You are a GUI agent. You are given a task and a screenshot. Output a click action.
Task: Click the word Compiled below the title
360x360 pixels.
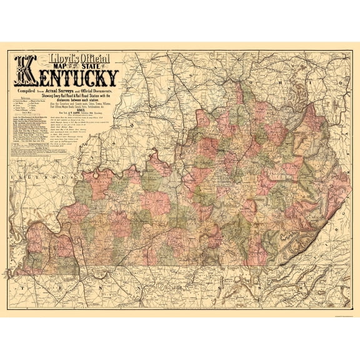pyautogui.click(x=26, y=92)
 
